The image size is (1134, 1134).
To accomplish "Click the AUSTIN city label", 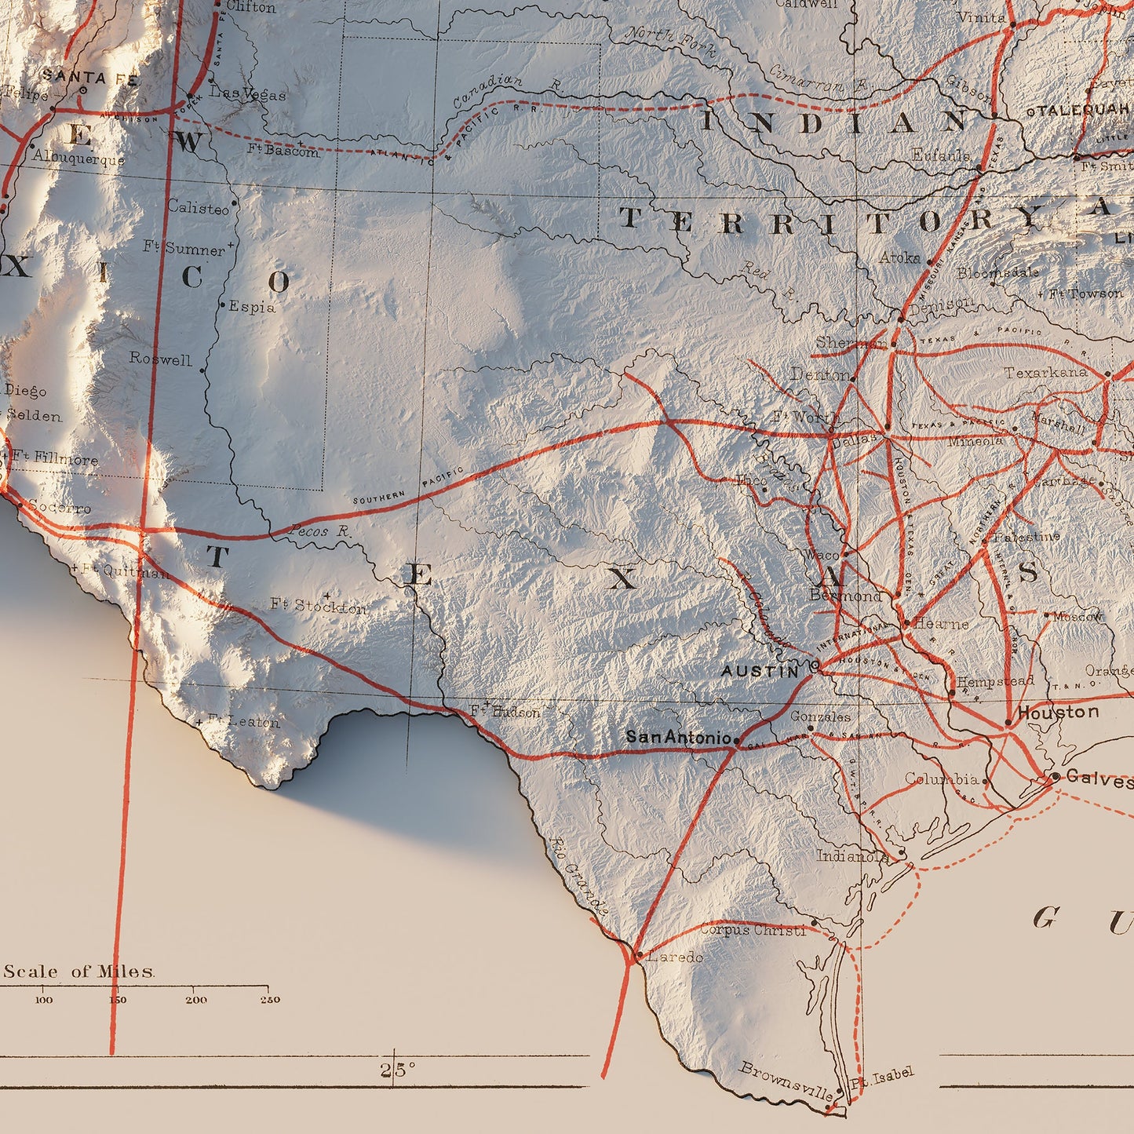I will pos(760,671).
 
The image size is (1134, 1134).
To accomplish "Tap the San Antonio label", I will pos(678,738).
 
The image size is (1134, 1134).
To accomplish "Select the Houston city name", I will pos(1058,713).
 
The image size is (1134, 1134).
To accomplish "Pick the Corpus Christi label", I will pos(753,930).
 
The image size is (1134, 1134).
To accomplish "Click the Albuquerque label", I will pos(78,159).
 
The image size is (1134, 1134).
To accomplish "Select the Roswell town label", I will pos(160,359).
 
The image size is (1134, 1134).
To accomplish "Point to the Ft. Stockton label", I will pos(318,606).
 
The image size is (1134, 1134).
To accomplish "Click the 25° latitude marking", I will pos(398,1070).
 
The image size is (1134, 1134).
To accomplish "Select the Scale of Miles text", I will pos(78,972).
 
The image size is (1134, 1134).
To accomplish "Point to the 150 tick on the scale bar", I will pos(117,1000).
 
